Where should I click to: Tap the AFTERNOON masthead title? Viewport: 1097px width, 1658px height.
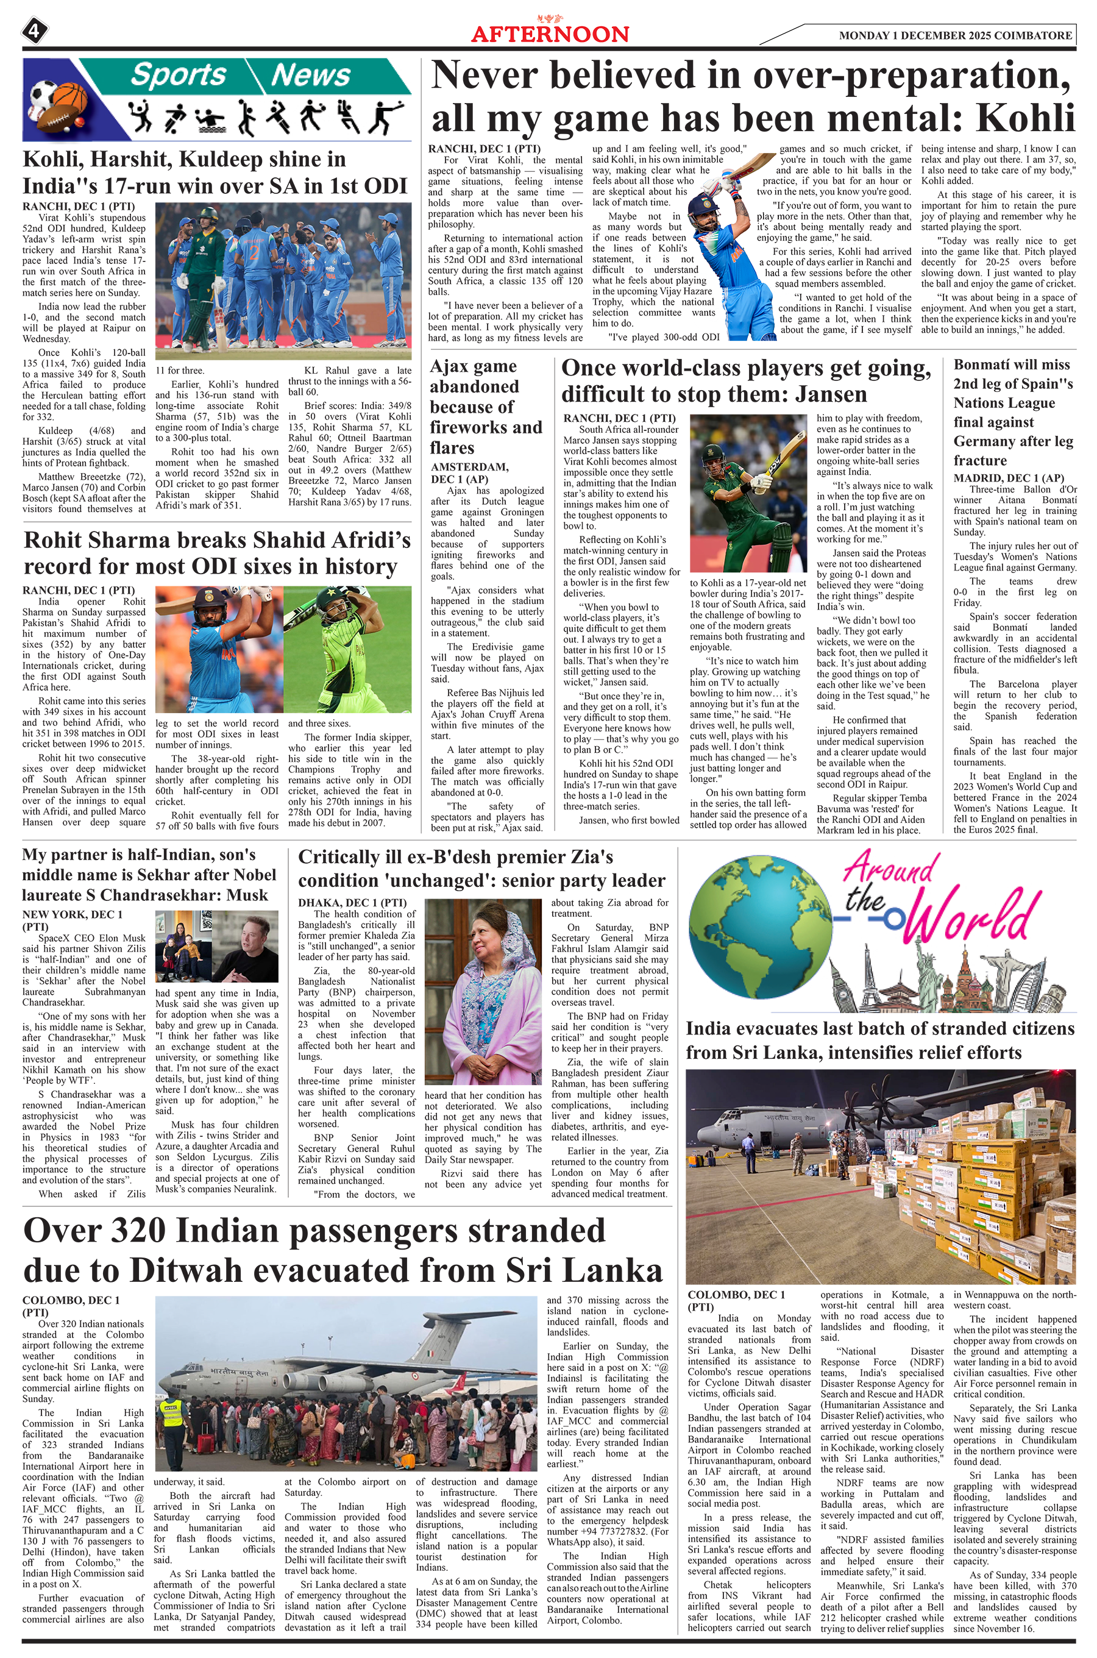[x=550, y=34]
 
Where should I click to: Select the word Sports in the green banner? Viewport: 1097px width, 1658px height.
[x=179, y=75]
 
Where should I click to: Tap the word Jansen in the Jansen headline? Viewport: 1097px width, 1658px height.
[x=831, y=394]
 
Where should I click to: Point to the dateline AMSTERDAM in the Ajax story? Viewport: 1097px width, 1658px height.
[x=469, y=468]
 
